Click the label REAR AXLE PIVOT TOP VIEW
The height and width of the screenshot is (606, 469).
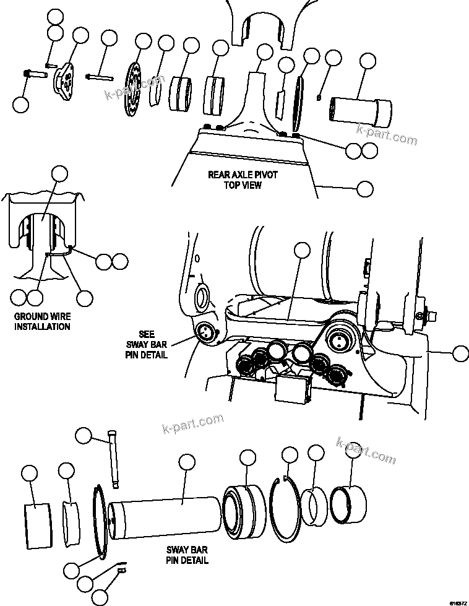click(x=243, y=180)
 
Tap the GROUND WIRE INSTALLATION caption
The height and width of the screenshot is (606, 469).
click(x=42, y=321)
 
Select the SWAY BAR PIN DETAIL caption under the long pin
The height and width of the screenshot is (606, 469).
click(x=187, y=555)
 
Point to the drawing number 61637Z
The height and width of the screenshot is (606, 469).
click(x=458, y=601)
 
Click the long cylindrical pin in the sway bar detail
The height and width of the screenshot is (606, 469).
click(x=165, y=515)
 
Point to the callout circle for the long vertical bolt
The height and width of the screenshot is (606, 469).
click(x=84, y=435)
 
